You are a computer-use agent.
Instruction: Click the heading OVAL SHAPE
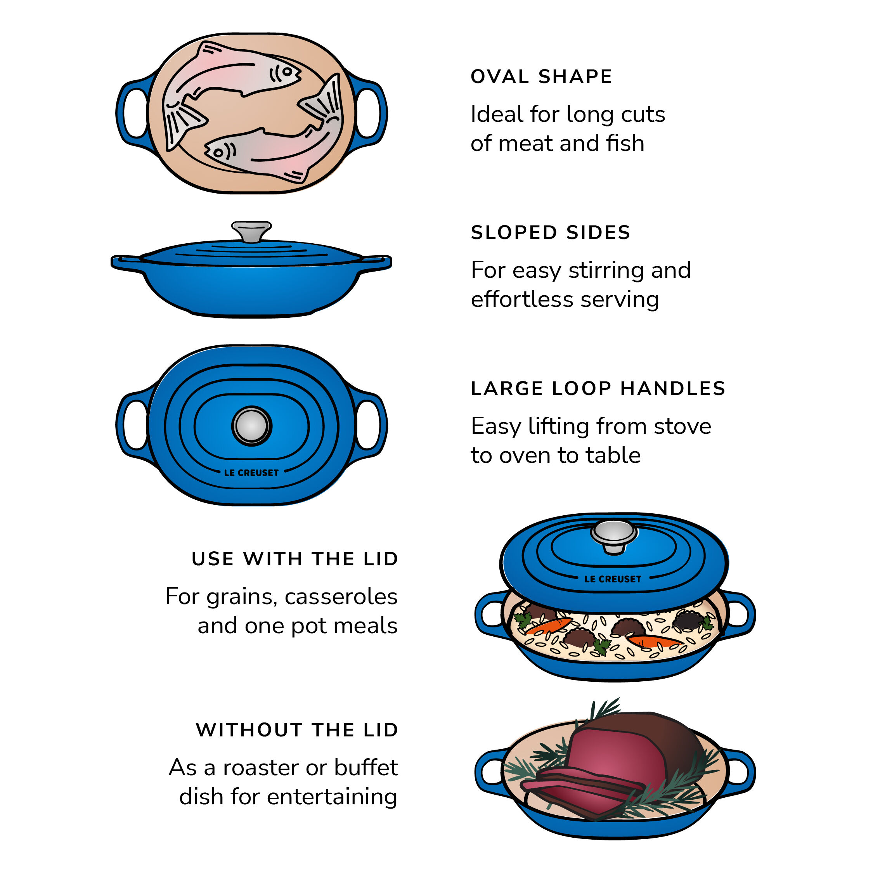pos(541,76)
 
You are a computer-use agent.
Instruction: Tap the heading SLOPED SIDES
pos(550,232)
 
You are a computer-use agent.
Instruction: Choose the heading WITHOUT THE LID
pos(297,730)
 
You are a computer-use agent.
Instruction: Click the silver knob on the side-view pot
pos(251,231)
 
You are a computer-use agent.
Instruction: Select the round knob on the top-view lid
pos(252,426)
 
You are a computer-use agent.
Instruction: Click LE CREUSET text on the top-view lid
pos(251,473)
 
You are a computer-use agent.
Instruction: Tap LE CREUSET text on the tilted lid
pos(612,579)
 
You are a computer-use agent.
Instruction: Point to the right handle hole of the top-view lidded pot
pos(368,425)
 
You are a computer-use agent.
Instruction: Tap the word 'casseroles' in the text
pos(341,596)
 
